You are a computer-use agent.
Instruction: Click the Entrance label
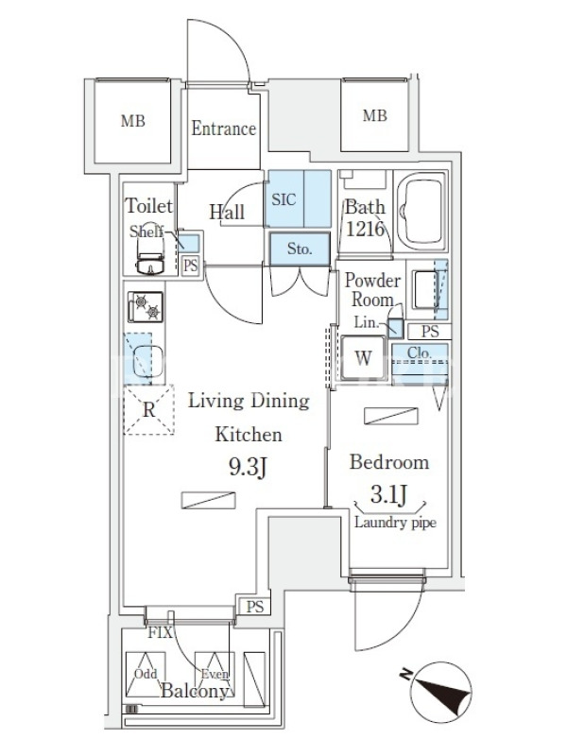pos(223,129)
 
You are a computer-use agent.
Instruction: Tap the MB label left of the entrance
pos(133,121)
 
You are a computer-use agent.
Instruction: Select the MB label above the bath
pos(374,115)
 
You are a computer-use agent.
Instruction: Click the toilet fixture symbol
pos(151,257)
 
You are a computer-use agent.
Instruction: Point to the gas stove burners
pos(146,306)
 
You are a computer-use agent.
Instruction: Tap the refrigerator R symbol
pos(149,410)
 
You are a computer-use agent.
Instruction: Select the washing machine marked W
pos(364,358)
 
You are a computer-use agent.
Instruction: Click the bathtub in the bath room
pos(422,211)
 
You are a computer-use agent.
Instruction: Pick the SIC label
pos(283,199)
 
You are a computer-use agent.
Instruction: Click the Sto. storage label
pos(300,249)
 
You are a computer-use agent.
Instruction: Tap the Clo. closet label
pos(419,352)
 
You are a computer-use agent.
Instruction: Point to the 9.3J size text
pos(248,467)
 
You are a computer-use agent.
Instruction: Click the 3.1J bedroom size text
pos(389,494)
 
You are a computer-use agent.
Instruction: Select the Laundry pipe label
pos(395,523)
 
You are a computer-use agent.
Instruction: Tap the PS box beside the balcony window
pos(254,606)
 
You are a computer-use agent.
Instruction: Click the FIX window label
pos(160,632)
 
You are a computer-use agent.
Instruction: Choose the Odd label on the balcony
pos(146,674)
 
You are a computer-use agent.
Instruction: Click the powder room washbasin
pos(426,289)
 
